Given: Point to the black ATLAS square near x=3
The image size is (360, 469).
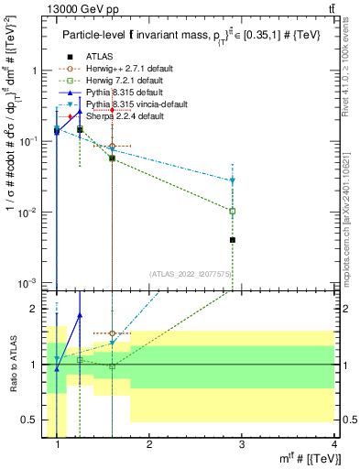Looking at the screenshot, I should click(233, 240).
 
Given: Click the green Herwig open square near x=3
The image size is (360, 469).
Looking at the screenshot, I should click(233, 211).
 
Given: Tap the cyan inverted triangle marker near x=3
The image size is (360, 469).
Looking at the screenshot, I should click(233, 180).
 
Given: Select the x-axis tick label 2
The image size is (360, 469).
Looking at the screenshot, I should click(149, 446).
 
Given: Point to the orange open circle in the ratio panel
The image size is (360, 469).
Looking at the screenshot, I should click(112, 334).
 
